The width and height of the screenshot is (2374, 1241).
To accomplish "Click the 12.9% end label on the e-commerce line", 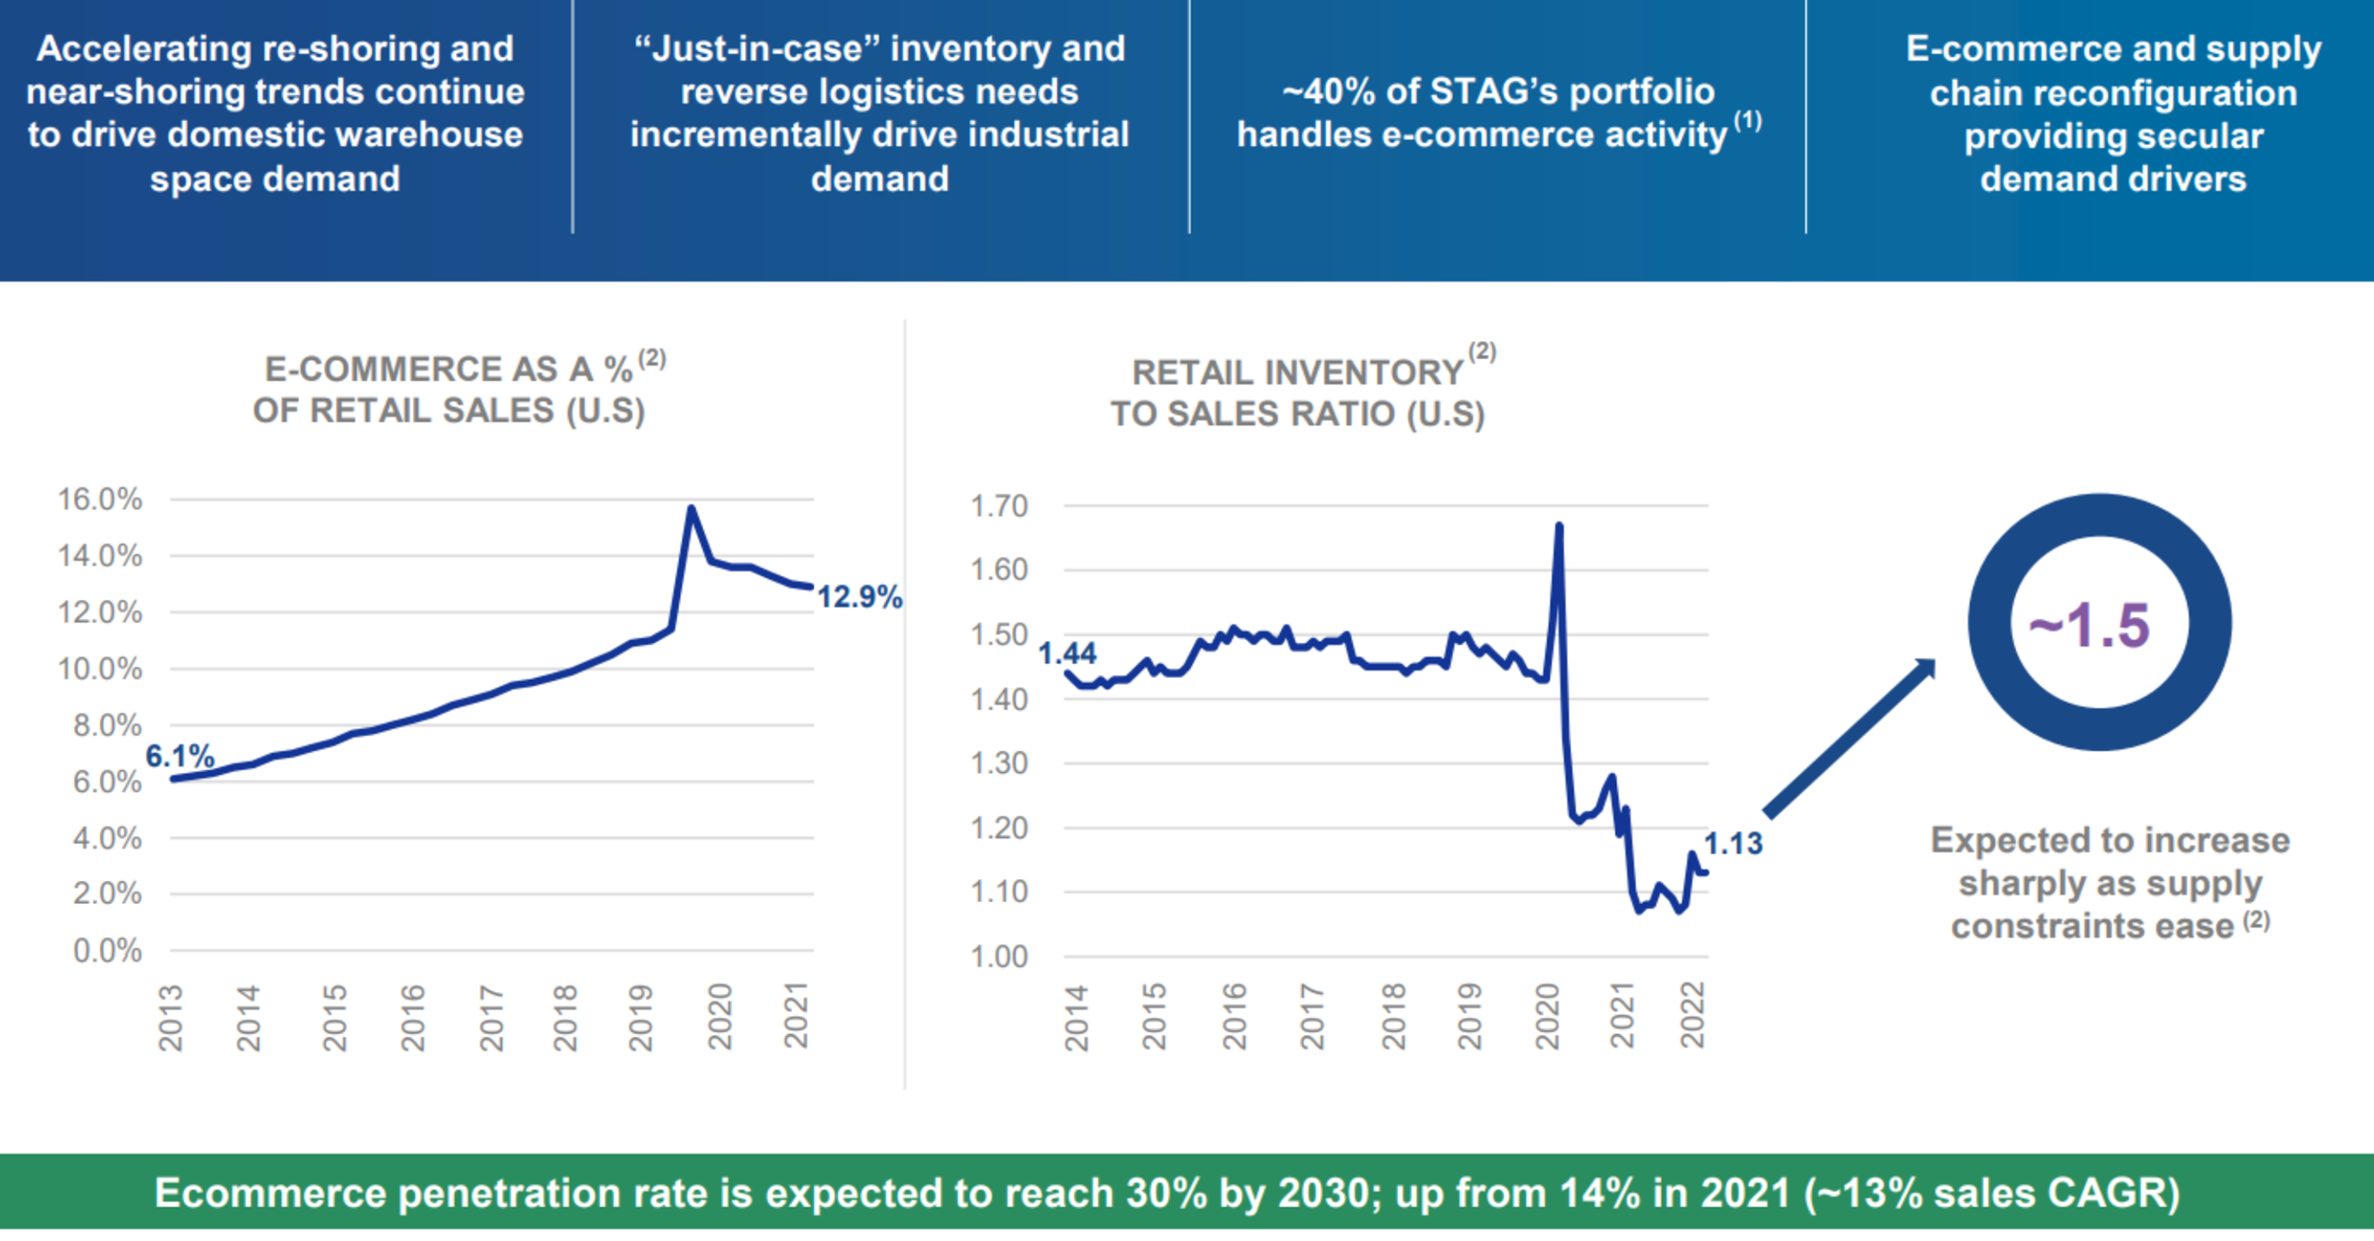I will [x=858, y=597].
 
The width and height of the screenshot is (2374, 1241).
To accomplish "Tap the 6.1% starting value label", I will [x=179, y=757].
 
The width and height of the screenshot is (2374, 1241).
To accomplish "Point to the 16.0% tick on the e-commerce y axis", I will [x=100, y=499].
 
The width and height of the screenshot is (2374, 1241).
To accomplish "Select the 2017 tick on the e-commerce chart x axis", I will [x=491, y=1018].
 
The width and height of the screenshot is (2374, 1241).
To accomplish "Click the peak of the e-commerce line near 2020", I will [x=691, y=509].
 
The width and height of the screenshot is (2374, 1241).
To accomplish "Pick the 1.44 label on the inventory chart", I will [x=1066, y=653].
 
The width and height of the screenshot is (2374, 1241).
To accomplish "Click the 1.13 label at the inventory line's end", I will [x=1732, y=843].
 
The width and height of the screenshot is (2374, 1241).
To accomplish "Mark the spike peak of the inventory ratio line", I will [x=1558, y=526].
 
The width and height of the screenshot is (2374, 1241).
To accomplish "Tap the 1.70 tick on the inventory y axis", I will [x=998, y=506].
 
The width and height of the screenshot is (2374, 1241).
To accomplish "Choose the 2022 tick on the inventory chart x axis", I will [x=1693, y=1015].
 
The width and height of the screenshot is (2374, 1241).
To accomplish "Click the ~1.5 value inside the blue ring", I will [x=2089, y=626].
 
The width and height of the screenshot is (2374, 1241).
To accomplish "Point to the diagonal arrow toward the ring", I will [x=1847, y=740].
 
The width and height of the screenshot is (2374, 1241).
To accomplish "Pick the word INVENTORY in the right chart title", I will [x=1297, y=372].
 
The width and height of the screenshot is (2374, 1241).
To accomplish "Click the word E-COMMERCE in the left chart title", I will [x=410, y=369].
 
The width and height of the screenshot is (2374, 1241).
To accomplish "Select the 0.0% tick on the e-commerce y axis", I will [x=106, y=950].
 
